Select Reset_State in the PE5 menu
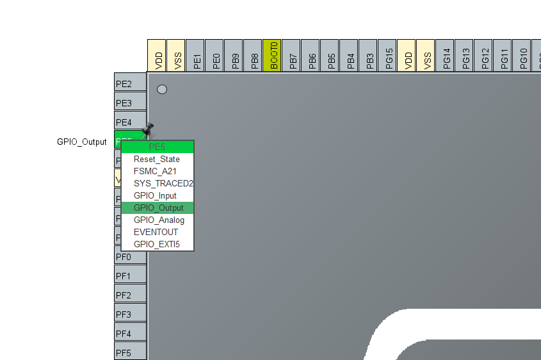pyautogui.click(x=157, y=159)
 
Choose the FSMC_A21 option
pyautogui.click(x=155, y=171)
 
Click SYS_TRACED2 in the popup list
pyautogui.click(x=163, y=183)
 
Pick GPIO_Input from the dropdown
pyautogui.click(x=155, y=195)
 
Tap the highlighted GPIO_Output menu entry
pyautogui.click(x=158, y=208)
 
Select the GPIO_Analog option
pyautogui.click(x=159, y=220)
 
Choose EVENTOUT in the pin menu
pyautogui.click(x=156, y=232)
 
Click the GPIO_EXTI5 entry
pyautogui.click(x=157, y=244)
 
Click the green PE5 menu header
pyautogui.click(x=157, y=147)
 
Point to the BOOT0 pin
pyautogui.click(x=274, y=55)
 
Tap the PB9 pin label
pyautogui.click(x=236, y=55)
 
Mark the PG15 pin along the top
pyautogui.click(x=389, y=55)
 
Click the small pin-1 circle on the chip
pyautogui.click(x=162, y=89)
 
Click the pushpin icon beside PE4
pyautogui.click(x=149, y=129)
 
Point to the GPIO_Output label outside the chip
pyautogui.click(x=82, y=142)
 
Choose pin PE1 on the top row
pyautogui.click(x=197, y=55)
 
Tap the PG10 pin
pyautogui.click(x=524, y=55)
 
